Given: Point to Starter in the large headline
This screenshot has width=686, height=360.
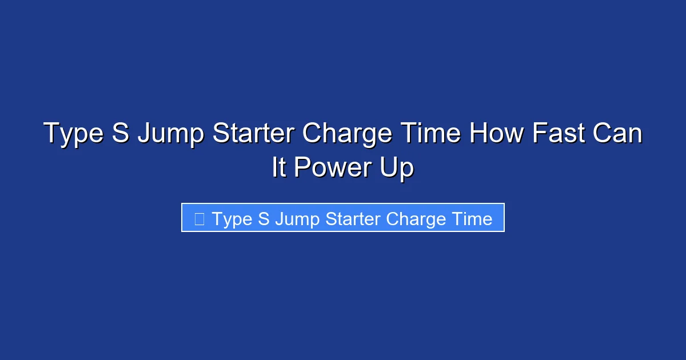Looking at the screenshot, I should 254,134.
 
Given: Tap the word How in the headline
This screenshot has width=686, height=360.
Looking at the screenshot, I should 495,134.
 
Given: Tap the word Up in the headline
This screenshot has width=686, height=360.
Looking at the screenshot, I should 397,169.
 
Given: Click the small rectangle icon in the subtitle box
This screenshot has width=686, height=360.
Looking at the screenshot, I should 199,218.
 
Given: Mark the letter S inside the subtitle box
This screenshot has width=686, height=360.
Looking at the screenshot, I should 264,218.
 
